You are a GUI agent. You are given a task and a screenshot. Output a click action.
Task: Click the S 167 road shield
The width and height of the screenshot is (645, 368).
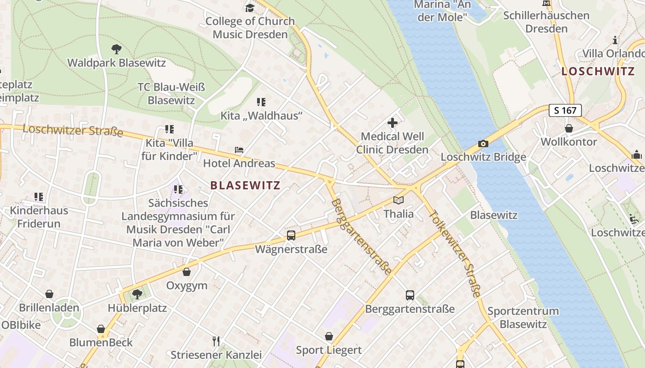point(565,110)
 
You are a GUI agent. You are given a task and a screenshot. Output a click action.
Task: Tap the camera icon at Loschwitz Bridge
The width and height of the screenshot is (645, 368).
point(483,144)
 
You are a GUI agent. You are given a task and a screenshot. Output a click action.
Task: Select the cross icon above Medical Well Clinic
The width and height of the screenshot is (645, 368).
point(393,123)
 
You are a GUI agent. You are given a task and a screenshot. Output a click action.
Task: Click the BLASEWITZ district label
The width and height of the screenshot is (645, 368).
point(245,185)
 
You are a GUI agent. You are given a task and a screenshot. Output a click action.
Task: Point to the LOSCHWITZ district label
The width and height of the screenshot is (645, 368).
point(598,71)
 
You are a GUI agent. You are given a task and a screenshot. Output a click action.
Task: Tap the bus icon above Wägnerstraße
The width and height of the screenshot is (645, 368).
point(291,236)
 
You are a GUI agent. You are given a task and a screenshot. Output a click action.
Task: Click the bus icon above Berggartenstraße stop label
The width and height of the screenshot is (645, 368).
point(410,295)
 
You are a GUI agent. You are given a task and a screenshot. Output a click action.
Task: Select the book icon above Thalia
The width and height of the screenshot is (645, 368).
point(399,201)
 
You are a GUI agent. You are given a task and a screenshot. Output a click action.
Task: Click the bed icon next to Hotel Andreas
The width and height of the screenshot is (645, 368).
point(239,150)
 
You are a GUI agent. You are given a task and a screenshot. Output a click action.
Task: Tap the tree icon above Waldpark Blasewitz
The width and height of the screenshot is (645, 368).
point(117,49)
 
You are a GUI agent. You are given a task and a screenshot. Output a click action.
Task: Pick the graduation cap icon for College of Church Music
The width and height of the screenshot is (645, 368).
point(250,8)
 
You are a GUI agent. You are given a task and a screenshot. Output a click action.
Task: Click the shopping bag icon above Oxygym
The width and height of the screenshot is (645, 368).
point(187,272)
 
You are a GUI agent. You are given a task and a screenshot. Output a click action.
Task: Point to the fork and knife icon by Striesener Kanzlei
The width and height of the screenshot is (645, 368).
point(216,341)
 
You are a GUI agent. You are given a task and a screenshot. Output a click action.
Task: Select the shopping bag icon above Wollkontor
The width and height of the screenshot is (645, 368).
point(569,128)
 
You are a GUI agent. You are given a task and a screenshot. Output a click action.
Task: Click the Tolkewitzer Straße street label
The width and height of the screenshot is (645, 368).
point(455,253)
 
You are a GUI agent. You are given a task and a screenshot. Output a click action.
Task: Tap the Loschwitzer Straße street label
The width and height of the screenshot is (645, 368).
point(73,130)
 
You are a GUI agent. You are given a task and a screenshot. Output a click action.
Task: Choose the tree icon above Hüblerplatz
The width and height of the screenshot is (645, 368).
point(137,294)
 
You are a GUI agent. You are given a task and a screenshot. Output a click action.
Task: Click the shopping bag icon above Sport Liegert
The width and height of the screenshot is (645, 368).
point(329,336)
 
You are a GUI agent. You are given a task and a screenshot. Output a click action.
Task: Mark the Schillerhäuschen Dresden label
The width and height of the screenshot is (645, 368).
point(546,22)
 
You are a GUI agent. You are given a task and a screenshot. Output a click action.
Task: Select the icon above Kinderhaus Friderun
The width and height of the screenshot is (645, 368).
point(39,197)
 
